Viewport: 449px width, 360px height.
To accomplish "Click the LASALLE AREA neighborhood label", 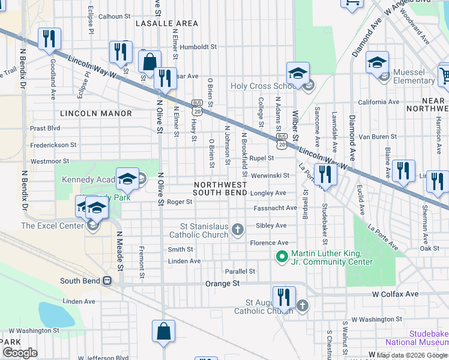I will (x=166, y=23).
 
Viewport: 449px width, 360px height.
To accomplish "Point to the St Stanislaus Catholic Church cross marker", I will (x=238, y=229).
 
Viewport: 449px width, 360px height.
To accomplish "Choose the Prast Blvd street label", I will (x=45, y=128).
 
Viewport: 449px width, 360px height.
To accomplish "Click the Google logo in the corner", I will (x=20, y=352).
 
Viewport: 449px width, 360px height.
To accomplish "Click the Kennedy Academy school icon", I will (x=127, y=179).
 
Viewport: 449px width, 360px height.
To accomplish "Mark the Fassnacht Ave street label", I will (x=275, y=208).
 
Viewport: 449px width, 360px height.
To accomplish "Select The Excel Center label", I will (x=53, y=226).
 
